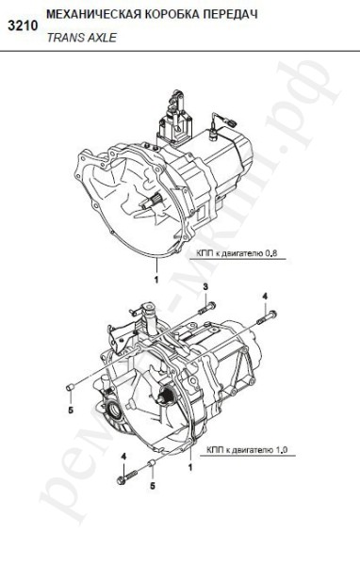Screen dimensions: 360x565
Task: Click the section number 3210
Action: [23, 26]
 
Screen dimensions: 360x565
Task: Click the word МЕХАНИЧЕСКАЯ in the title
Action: [92, 14]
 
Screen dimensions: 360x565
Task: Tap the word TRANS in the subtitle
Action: [66, 38]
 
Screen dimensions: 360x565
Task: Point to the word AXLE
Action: [103, 38]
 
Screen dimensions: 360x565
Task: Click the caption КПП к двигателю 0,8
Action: [237, 253]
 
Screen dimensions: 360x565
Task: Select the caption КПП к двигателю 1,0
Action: [247, 450]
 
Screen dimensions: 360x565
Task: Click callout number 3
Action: [205, 287]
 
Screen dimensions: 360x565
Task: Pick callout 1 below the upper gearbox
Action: [156, 280]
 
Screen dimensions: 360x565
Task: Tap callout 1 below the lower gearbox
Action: [190, 467]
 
